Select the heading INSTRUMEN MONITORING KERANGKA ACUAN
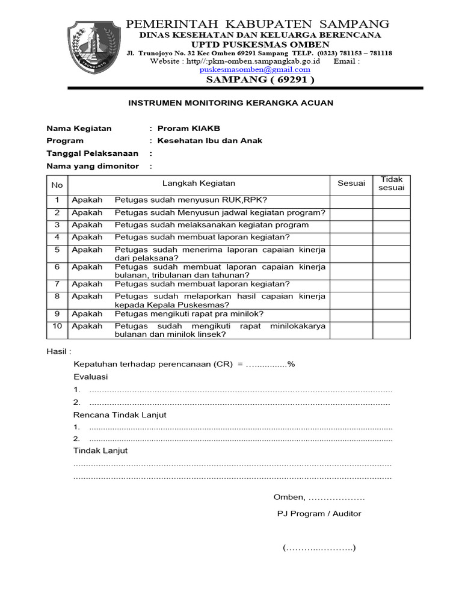[x=230, y=103]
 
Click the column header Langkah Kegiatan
[x=199, y=183]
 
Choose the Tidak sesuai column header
[x=392, y=183]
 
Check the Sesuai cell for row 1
[x=351, y=200]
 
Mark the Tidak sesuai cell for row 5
[x=392, y=253]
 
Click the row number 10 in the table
[x=57, y=326]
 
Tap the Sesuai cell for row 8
[x=351, y=300]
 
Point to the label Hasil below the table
[x=59, y=351]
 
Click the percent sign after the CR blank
[x=291, y=364]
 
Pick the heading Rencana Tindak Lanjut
[x=120, y=414]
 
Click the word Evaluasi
[x=90, y=377]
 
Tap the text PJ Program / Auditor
[x=319, y=514]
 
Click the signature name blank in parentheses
[x=319, y=548]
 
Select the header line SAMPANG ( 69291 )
[x=260, y=79]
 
